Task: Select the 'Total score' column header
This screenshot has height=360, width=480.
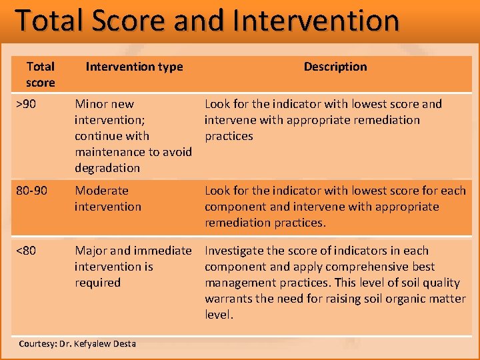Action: pyautogui.click(x=40, y=74)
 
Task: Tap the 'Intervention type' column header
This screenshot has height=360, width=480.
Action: pyautogui.click(x=134, y=67)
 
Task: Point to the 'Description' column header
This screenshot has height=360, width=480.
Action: pyautogui.click(x=335, y=67)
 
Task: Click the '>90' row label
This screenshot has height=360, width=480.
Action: pyautogui.click(x=27, y=104)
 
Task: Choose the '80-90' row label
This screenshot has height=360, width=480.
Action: pyautogui.click(x=31, y=191)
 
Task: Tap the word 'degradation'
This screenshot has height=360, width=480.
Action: pyautogui.click(x=107, y=168)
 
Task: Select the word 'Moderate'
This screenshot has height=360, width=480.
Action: pyautogui.click(x=101, y=191)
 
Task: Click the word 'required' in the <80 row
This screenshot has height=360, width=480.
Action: pyautogui.click(x=97, y=283)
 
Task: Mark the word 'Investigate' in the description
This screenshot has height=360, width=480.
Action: pyautogui.click(x=237, y=251)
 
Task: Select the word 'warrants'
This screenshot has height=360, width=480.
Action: pyautogui.click(x=230, y=299)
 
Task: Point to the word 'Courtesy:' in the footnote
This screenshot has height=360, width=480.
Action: pyautogui.click(x=38, y=344)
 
